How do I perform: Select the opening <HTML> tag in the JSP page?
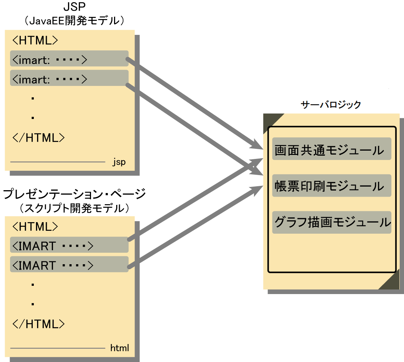35,40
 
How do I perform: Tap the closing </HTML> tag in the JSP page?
38,138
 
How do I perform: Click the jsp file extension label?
119,162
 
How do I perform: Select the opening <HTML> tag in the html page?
35,226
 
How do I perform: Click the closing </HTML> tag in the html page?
38,324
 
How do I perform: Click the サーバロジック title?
331,105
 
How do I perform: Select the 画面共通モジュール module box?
331,149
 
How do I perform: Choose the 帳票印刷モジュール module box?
331,185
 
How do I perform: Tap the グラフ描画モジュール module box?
331,222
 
